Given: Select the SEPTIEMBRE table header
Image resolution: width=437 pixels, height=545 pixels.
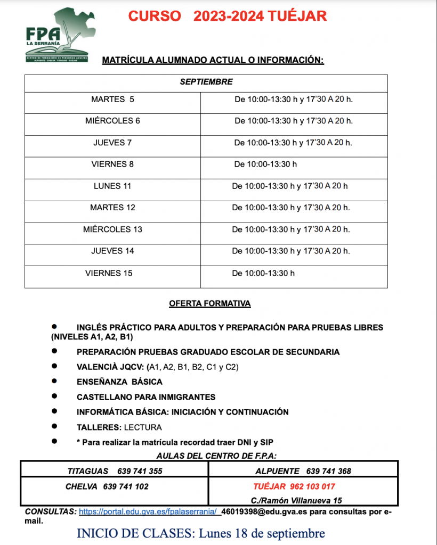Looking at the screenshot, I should [206, 82].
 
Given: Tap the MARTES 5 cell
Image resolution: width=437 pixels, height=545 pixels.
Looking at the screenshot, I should [112, 100].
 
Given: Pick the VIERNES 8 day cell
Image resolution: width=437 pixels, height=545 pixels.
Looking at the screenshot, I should [112, 164].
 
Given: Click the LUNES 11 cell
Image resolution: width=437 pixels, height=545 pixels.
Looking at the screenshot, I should [112, 186].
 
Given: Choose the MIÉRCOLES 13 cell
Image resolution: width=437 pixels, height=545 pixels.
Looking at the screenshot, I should [112, 229].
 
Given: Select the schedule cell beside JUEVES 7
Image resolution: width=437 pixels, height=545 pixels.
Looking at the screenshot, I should [293, 143].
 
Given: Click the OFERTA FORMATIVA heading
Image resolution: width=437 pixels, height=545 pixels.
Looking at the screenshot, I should [209, 304].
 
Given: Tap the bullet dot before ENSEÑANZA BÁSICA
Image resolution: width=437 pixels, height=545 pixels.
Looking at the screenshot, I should [54, 381].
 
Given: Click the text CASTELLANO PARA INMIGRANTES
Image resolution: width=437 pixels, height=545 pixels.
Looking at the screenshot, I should [146, 397].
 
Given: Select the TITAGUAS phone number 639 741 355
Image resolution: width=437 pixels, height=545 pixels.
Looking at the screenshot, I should [140, 471].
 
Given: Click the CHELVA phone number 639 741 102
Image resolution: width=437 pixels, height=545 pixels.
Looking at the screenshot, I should [126, 486].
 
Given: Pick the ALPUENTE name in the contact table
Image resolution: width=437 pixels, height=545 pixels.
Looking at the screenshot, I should [277, 471].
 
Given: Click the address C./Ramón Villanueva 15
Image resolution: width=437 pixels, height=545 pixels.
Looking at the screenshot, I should [296, 500].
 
